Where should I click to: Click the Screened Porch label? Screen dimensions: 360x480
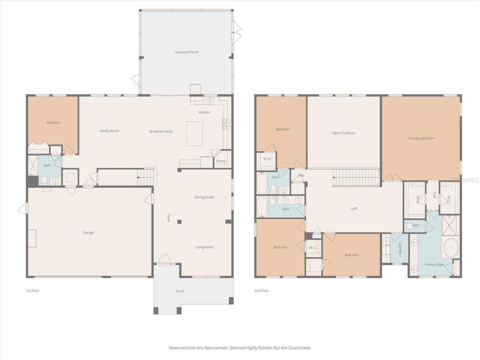(186, 52)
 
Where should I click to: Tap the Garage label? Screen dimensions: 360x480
(88, 232)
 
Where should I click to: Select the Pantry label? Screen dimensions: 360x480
(221, 161)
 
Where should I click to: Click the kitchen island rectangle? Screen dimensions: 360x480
(195, 133)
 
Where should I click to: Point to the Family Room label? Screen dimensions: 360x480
(109, 131)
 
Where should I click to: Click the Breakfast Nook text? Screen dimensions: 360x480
(161, 132)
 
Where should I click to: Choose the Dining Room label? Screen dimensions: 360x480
(204, 197)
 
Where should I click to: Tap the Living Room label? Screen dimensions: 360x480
(204, 247)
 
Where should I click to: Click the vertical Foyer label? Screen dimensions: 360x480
(169, 218)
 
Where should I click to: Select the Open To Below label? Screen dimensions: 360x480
(343, 133)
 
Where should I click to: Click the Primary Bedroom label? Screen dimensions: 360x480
(421, 138)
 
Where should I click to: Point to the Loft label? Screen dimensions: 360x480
(354, 208)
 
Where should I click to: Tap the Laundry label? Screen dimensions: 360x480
(400, 248)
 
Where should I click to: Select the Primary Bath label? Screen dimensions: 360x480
(434, 265)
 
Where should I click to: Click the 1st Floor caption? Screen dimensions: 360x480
(32, 291)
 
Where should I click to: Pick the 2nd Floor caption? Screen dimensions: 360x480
(262, 291)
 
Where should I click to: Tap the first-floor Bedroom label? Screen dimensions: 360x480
(54, 123)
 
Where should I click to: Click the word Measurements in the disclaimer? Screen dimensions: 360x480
(183, 348)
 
